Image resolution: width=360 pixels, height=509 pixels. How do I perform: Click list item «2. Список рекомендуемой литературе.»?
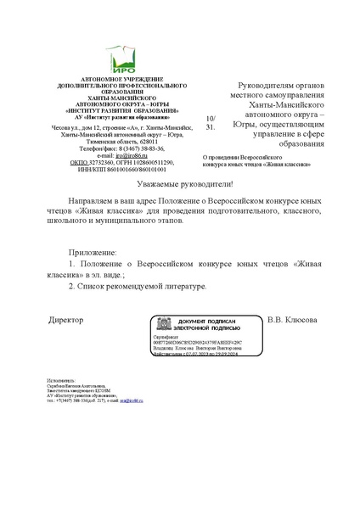(138, 287)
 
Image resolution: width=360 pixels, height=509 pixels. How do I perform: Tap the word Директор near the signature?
(66, 320)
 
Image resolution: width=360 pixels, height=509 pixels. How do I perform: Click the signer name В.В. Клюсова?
(292, 320)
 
